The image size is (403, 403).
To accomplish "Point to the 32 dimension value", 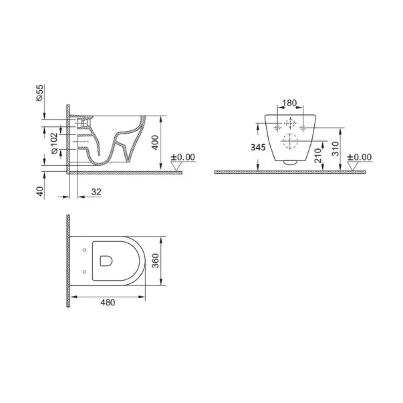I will (96, 192).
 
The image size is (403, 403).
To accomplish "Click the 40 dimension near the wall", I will (40, 192).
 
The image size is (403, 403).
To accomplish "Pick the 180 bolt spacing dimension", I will (290, 104).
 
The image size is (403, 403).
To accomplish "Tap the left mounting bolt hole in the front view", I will (275, 126).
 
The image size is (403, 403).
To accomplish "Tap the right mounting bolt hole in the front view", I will (304, 126).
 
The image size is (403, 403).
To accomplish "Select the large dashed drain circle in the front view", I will (290, 142).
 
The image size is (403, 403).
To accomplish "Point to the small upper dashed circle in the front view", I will (290, 124).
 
